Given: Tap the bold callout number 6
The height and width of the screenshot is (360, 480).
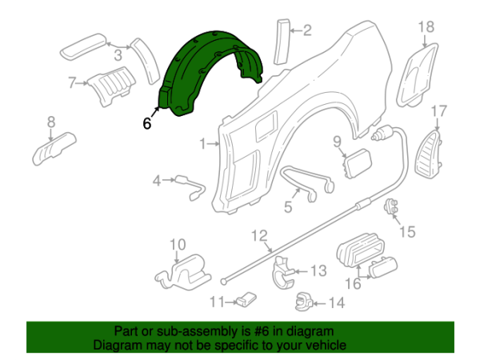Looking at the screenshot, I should click(x=146, y=124).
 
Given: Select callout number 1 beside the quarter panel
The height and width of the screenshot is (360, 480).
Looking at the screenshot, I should click(x=203, y=145).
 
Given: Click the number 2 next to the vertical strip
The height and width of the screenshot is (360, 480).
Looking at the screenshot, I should click(x=306, y=31).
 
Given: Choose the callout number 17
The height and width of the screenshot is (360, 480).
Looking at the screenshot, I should click(x=439, y=110).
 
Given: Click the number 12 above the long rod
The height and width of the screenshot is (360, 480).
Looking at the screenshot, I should click(x=258, y=235).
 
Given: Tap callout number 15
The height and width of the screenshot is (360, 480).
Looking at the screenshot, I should click(x=408, y=232).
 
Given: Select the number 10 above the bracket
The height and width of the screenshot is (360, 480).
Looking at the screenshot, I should click(x=177, y=244).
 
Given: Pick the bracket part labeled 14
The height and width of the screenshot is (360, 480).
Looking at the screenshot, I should click(x=305, y=302).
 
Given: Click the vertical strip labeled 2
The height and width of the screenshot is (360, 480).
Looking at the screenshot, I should click(x=280, y=39).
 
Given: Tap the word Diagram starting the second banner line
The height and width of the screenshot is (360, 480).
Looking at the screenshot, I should click(x=117, y=346).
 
